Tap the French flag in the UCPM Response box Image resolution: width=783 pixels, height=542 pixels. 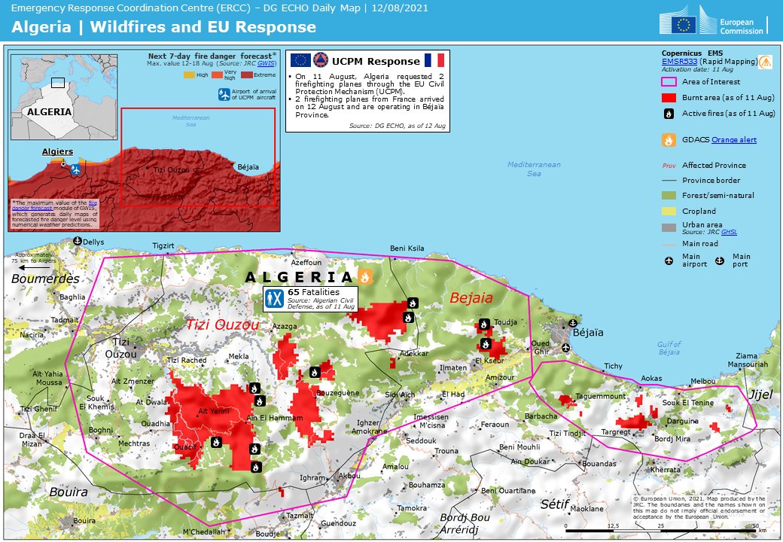434,60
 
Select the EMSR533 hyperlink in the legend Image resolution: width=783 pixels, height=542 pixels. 678,60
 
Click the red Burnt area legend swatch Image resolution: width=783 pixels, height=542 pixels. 667,97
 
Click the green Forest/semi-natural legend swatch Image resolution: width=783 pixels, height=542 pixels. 667,195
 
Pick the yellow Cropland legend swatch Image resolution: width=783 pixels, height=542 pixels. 667,211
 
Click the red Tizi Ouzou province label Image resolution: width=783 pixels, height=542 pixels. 222,324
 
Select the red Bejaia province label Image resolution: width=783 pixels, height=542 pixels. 471,298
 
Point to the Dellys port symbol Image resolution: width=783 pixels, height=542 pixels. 77,241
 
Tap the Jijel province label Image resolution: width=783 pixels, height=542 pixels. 760,394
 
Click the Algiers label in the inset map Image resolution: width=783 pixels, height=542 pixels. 58,151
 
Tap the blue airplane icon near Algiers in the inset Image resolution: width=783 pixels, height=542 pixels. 75,170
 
